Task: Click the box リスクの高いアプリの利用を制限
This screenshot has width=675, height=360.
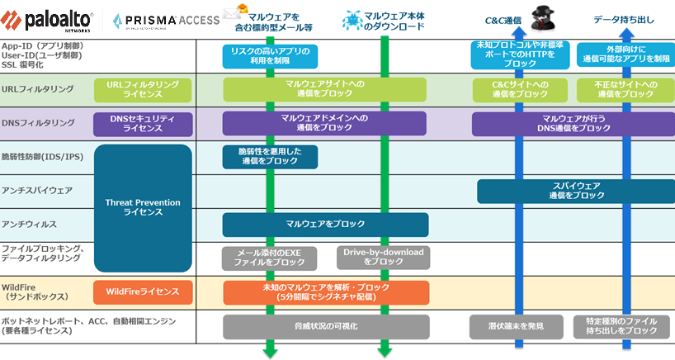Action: click(x=270, y=55)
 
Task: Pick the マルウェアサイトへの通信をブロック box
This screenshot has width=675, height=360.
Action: click(x=324, y=89)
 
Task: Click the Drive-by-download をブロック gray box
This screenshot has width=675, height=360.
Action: click(x=381, y=257)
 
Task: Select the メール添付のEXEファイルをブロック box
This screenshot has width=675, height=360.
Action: click(x=270, y=257)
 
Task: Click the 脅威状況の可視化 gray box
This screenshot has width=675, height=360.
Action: click(x=325, y=326)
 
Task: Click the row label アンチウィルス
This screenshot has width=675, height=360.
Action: click(x=25, y=225)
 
